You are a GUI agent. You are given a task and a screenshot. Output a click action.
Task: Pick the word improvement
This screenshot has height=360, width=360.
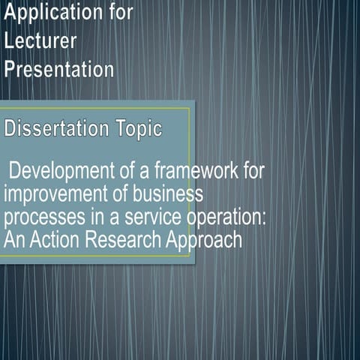49,194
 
